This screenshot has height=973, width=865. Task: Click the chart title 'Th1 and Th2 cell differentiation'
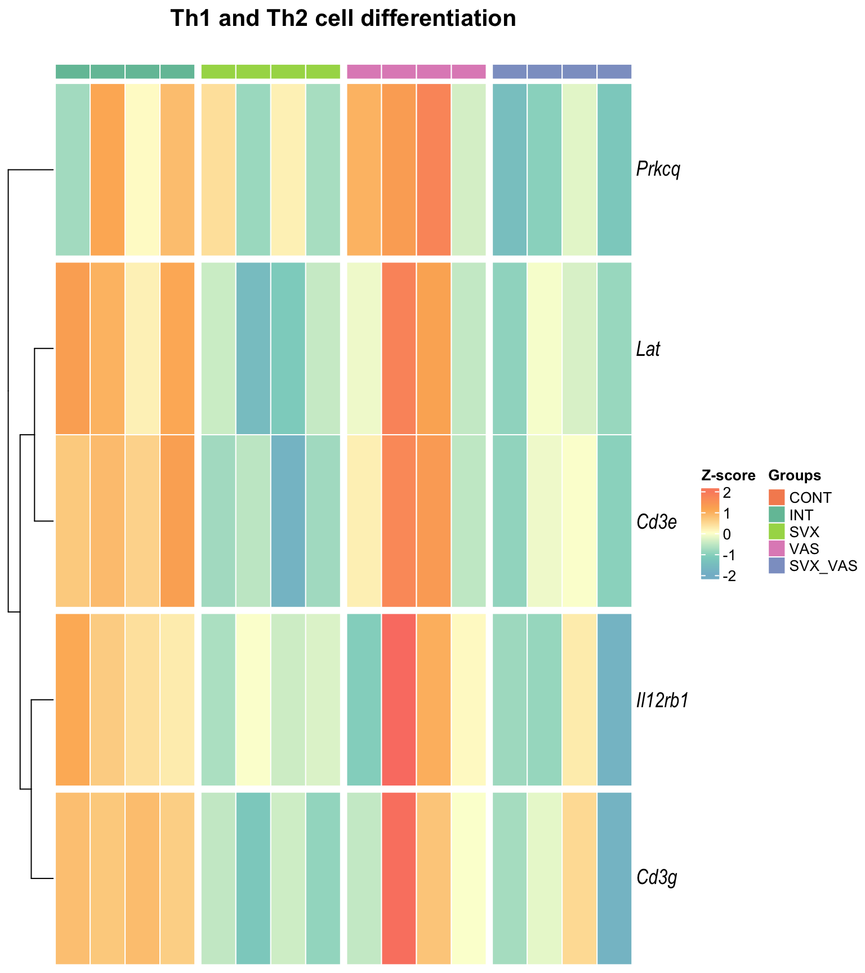click(343, 19)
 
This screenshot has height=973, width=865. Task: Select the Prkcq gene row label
click(658, 169)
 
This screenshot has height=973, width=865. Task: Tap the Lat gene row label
click(648, 349)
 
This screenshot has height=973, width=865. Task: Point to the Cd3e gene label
click(656, 522)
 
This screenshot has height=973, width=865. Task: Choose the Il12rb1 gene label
click(662, 700)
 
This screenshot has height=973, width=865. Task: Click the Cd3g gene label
click(656, 877)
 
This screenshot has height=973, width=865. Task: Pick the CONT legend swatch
click(777, 498)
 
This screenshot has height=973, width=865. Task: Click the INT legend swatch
click(777, 515)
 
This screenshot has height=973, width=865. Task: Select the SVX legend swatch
click(777, 532)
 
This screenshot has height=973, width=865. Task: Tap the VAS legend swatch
click(777, 548)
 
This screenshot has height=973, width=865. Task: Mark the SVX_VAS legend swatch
click(777, 566)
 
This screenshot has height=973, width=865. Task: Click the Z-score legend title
click(728, 476)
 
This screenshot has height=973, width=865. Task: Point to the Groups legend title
click(795, 476)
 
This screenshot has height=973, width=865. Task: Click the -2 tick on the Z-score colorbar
click(728, 577)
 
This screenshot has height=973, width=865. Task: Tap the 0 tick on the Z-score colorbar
click(727, 534)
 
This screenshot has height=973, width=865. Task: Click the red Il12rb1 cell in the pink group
click(399, 699)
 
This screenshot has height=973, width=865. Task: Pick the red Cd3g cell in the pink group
click(399, 878)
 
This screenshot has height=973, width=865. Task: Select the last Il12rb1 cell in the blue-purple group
click(614, 699)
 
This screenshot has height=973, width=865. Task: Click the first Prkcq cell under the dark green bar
click(73, 169)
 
